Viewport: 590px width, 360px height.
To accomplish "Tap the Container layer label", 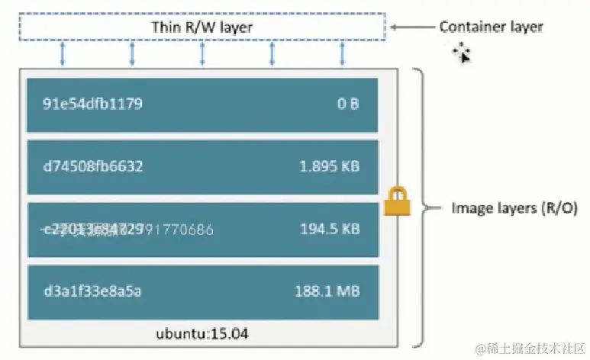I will [491, 27].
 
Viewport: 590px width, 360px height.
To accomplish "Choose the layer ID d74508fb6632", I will [92, 166].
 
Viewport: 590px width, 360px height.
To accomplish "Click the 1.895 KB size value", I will [330, 166].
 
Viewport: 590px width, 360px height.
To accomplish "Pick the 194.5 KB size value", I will [330, 228].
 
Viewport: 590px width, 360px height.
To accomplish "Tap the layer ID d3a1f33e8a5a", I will [92, 291].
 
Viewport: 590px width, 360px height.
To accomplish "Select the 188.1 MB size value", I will [327, 291].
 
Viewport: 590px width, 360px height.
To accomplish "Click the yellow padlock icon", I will [396, 201].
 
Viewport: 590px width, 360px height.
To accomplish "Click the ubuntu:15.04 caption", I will [202, 333].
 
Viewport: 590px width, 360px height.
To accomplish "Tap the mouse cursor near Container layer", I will [461, 53].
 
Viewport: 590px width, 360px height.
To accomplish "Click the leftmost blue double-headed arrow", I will [63, 53].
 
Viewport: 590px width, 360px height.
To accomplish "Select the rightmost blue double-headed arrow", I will [341, 53].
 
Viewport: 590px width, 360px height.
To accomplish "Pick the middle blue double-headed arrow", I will [202, 53].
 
